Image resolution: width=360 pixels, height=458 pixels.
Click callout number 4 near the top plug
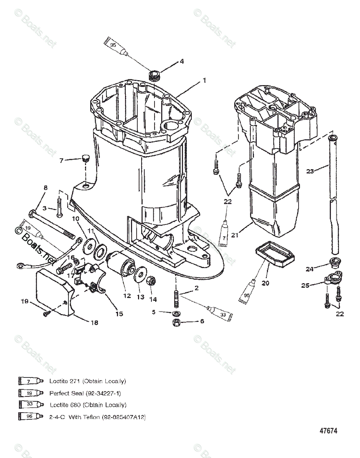point(182,61)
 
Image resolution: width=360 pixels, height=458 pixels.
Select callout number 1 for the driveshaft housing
point(204,81)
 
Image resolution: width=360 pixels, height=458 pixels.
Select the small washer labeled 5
point(176,313)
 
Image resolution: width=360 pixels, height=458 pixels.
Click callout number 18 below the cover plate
point(94,323)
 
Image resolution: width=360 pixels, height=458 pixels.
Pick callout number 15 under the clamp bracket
point(119,313)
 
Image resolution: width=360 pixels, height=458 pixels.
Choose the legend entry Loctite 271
point(87,381)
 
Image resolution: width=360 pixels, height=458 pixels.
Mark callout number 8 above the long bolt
point(46,188)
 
